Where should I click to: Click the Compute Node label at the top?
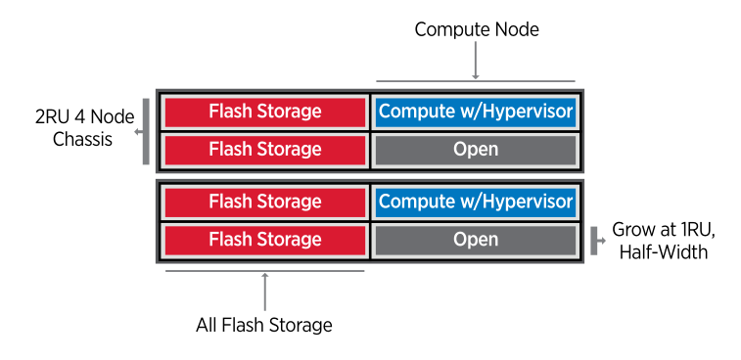point(476,29)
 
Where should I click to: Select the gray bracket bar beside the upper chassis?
point(146,130)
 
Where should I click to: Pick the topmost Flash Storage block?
point(264,112)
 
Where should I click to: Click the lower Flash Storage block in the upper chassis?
point(264,150)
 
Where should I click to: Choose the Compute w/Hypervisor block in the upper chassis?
point(476,112)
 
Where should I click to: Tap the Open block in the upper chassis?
point(476,150)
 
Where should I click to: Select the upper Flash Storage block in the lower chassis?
point(264,202)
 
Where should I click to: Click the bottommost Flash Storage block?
point(264,240)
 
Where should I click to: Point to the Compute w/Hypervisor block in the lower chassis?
point(476,202)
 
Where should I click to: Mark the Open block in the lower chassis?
point(476,240)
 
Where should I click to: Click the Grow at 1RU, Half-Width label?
point(665,242)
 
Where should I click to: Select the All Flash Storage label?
point(264,325)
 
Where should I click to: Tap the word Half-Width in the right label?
point(665,252)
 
